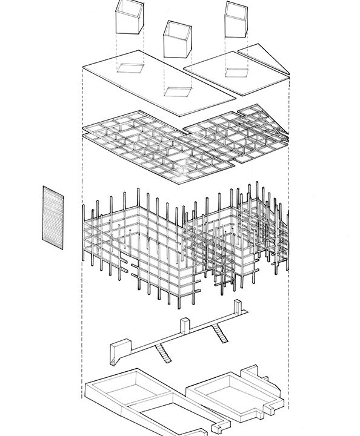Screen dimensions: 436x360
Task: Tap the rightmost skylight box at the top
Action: click(236, 18)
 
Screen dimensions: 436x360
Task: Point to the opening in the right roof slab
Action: click(235, 72)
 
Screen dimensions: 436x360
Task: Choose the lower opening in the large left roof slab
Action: click(178, 92)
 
